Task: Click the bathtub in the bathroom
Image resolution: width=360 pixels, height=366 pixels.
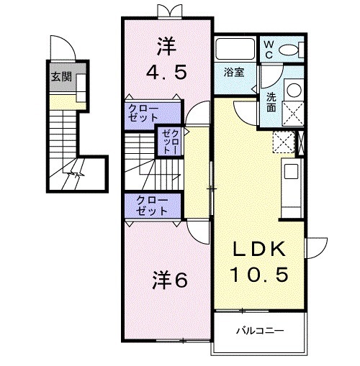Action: pyautogui.click(x=235, y=50)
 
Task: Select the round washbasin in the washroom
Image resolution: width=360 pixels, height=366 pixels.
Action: pyautogui.click(x=294, y=90)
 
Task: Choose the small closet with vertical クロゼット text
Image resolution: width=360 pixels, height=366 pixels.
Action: pyautogui.click(x=168, y=141)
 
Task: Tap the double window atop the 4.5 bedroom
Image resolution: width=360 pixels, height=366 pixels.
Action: pyautogui.click(x=166, y=10)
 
